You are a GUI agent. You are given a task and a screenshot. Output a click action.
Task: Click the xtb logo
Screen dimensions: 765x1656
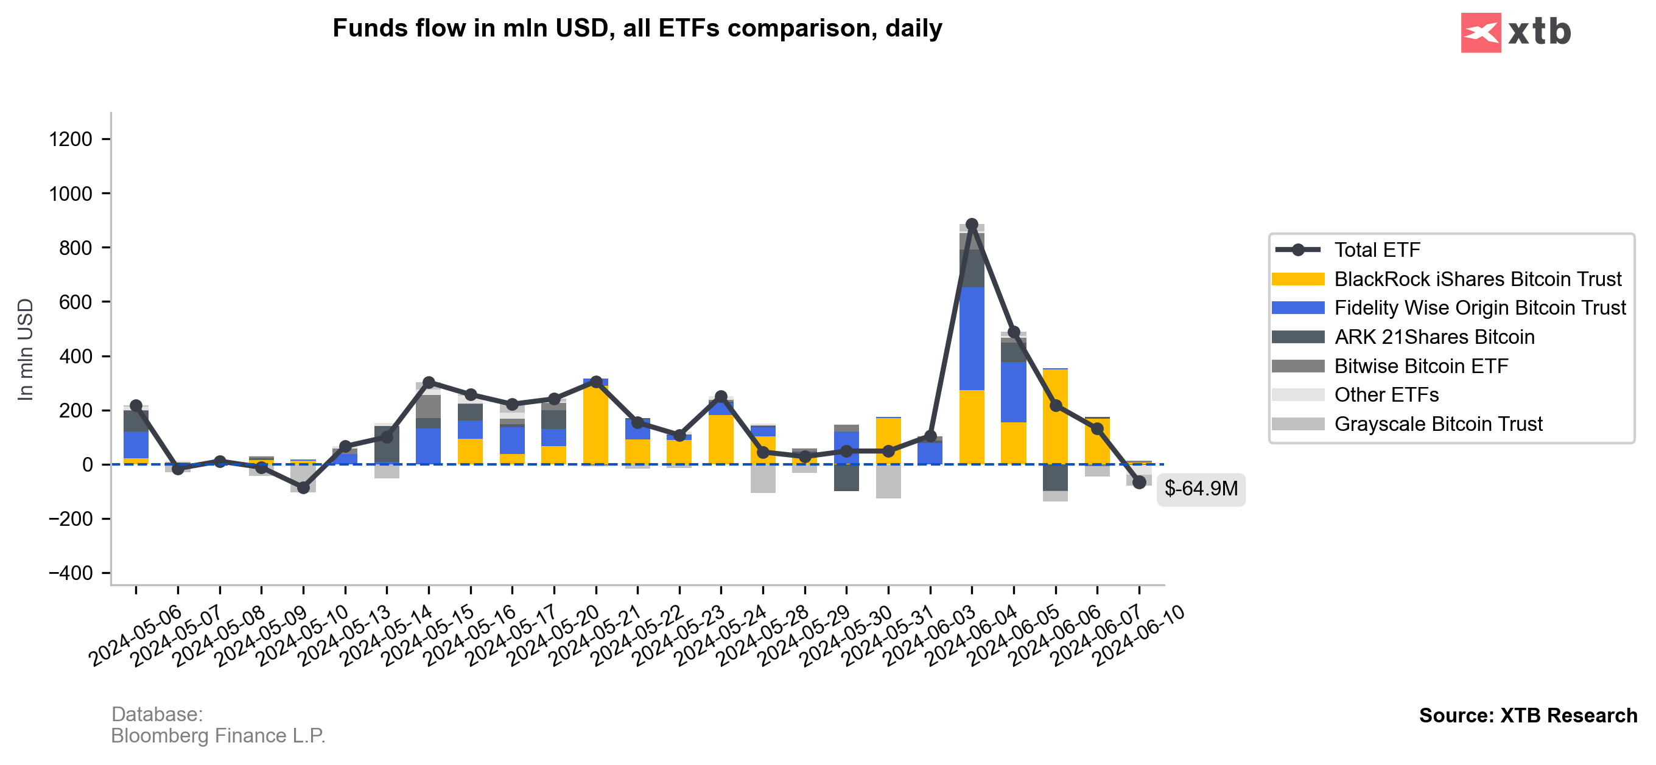tap(1515, 32)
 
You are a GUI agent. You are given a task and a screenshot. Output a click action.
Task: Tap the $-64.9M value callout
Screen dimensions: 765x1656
tap(1200, 489)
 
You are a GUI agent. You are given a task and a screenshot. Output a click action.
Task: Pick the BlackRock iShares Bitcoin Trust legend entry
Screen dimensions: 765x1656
tap(1476, 279)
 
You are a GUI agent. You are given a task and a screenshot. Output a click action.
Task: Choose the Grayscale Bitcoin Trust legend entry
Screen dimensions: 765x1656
tap(1437, 424)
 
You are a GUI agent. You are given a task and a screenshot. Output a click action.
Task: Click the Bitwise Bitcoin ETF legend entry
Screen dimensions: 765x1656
tap(1421, 366)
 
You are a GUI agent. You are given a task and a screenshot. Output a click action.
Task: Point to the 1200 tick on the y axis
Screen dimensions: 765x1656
tap(71, 139)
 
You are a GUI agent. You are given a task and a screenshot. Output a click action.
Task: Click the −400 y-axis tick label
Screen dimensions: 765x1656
tap(71, 573)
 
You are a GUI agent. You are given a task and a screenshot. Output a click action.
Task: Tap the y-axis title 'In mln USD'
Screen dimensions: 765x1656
tap(25, 350)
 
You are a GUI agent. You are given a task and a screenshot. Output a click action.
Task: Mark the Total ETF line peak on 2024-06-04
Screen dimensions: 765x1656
tap(972, 225)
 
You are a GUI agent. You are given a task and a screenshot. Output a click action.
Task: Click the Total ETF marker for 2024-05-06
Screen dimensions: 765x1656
tap(136, 406)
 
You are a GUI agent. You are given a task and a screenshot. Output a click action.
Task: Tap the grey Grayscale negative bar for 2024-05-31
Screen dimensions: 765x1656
tap(888, 481)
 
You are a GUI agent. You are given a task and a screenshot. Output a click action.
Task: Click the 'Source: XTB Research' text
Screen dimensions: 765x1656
tap(1528, 716)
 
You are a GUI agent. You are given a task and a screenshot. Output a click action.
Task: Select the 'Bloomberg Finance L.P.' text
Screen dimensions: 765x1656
tap(218, 736)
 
